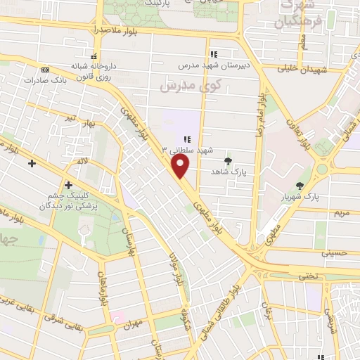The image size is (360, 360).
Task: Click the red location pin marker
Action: point(181,166)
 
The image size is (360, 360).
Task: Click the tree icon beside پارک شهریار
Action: point(300,186)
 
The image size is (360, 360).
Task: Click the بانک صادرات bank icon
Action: point(46,70)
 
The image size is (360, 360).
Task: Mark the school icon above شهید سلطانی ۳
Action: point(187,139)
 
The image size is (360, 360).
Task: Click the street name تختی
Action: point(310,276)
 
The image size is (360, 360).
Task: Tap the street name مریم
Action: point(340,211)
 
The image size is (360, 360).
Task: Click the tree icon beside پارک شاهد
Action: point(228,161)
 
